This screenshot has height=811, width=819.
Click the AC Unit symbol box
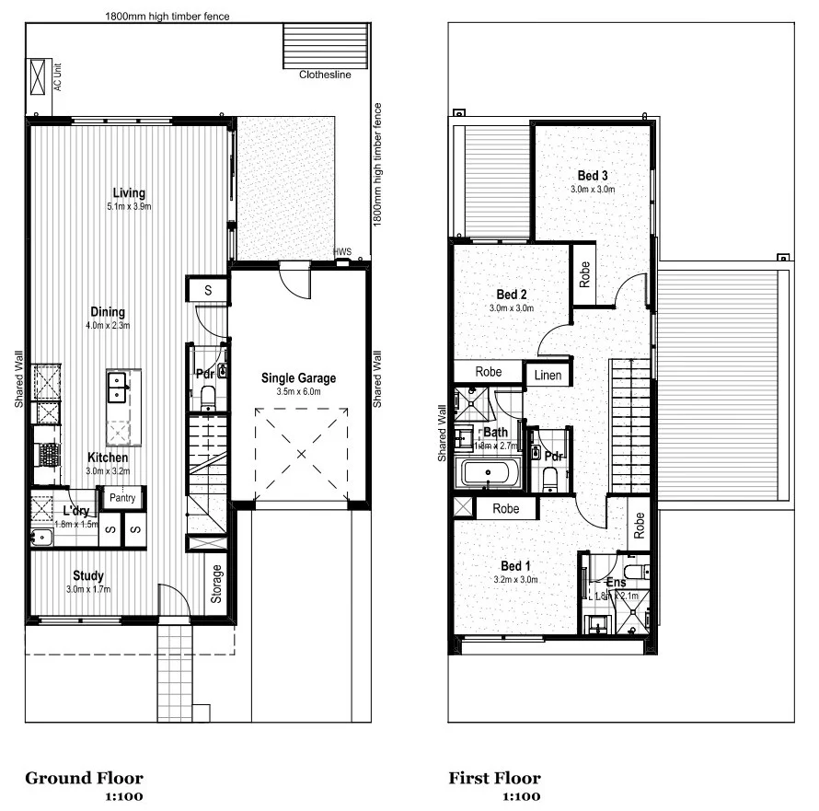pos(39,77)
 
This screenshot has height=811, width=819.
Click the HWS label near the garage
pos(342,251)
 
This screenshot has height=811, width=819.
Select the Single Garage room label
pos(298,377)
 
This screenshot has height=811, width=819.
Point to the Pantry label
pos(122,498)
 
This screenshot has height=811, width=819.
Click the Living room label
pos(129,192)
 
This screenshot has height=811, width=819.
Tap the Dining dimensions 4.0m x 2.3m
pos(107,325)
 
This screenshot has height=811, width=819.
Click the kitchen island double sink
pos(118,388)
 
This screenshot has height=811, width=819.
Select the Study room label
pos(88,576)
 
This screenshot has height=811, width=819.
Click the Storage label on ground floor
pos(217,585)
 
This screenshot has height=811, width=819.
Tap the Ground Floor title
pos(84,779)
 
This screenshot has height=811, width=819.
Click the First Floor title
pos(494,779)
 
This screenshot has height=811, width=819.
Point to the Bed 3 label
pos(593,175)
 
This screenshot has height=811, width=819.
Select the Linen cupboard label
pos(548,374)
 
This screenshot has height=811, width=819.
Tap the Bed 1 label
pos(515,565)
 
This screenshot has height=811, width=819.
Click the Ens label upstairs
pos(616,582)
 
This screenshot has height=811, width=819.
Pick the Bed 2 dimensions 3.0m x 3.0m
pos(511,308)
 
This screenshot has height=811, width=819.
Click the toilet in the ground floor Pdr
pos(208,398)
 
